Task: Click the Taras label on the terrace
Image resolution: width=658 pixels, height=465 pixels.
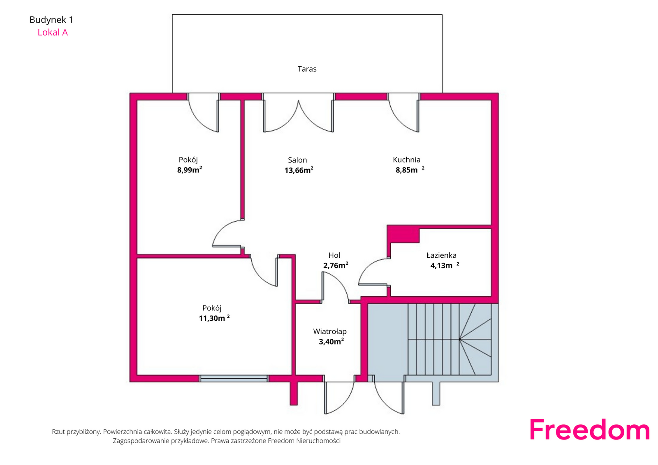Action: click(307, 69)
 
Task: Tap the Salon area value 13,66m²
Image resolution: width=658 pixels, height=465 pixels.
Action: click(299, 170)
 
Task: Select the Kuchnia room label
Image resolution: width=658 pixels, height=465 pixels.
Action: click(407, 160)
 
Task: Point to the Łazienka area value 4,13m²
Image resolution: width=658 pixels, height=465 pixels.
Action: click(445, 265)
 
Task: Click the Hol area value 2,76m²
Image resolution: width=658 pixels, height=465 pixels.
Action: click(336, 265)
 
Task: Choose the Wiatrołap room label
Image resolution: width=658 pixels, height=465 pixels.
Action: click(330, 331)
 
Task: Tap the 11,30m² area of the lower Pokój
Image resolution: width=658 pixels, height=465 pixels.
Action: click(214, 318)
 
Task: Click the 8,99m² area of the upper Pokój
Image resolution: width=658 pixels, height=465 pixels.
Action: click(190, 170)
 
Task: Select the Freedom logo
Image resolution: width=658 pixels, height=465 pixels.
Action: click(589, 430)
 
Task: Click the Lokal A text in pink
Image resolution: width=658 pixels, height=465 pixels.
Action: click(53, 32)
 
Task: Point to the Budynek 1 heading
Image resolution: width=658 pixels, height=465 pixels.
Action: click(51, 20)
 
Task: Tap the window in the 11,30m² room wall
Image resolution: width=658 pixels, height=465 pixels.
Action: click(234, 378)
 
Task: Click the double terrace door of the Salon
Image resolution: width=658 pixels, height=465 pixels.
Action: click(299, 113)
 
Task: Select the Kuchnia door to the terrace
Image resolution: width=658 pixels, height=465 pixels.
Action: click(403, 113)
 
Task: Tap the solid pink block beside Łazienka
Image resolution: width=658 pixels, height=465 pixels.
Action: click(403, 234)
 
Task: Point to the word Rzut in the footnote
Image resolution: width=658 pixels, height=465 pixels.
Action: click(58, 432)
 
